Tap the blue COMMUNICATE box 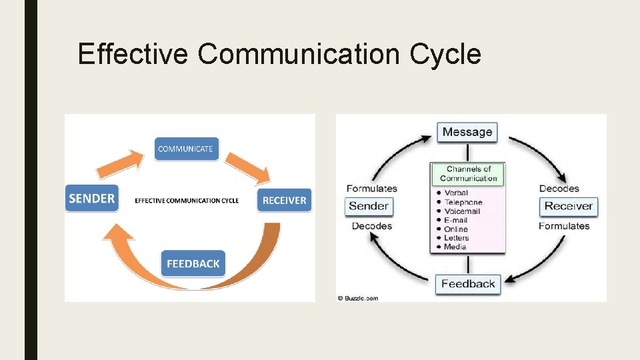coord(186,149)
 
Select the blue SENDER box coord(91,198)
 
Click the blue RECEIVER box coord(284,200)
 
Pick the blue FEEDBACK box coord(193,263)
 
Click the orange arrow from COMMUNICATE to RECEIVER coord(248,167)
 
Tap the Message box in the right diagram coord(467,132)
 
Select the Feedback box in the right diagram coord(468,284)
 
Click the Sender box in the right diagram coord(368,206)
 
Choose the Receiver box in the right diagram coord(568,206)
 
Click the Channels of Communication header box coord(468,174)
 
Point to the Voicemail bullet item coord(462,211)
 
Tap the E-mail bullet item coord(456,220)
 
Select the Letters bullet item coord(457,238)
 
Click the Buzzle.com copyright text coord(358,298)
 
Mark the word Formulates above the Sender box coord(371,189)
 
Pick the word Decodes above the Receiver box coord(559,189)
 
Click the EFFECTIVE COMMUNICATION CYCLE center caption coord(187,200)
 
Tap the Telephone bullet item coord(463,202)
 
